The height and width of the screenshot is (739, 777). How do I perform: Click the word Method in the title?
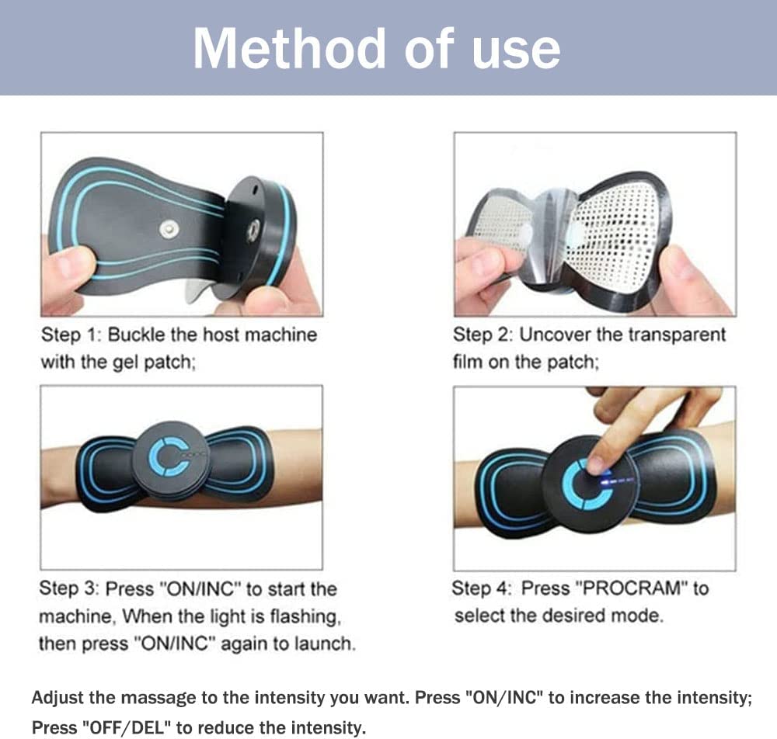coord(289,48)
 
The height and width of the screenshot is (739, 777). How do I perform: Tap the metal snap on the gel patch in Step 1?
coord(169,230)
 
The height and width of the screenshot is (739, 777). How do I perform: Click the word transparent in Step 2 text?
coord(677,336)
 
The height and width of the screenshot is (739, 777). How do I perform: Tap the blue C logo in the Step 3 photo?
coord(168,456)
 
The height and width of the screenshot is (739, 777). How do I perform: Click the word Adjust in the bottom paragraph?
coord(58,699)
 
